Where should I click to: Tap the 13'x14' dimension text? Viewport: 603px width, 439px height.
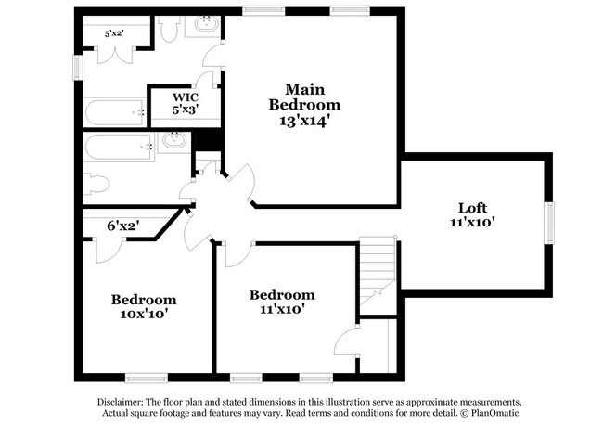pyautogui.click(x=304, y=119)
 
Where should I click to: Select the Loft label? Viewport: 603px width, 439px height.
pyautogui.click(x=473, y=208)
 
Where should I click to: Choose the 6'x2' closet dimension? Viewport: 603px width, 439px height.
pyautogui.click(x=123, y=226)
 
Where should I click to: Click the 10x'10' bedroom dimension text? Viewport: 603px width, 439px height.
pyautogui.click(x=144, y=314)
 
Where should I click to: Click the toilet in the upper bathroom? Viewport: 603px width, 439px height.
pyautogui.click(x=169, y=30)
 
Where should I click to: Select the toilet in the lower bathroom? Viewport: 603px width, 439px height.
pyautogui.click(x=96, y=182)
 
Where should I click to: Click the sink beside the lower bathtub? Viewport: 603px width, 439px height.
pyautogui.click(x=173, y=142)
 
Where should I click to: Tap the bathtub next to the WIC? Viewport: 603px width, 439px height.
pyautogui.click(x=115, y=113)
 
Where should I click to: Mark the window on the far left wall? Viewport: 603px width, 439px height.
pyautogui.click(x=77, y=68)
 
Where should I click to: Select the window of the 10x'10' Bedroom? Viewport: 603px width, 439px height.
pyautogui.click(x=146, y=378)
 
